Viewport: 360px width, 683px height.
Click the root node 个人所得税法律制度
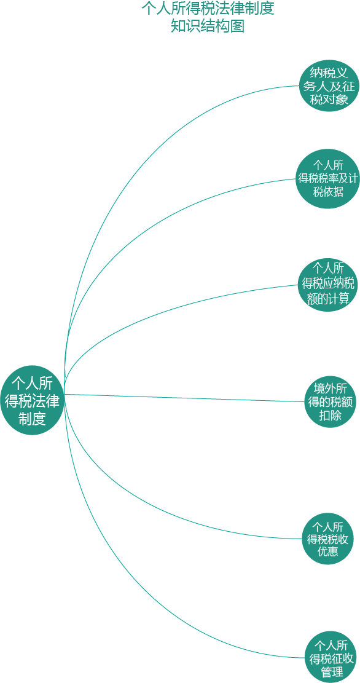point(33,400)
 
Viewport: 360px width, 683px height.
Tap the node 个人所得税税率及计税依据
point(328,179)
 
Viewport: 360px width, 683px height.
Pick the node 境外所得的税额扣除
point(330,401)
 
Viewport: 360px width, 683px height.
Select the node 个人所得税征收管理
point(331,657)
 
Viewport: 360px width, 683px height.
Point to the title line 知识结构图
point(207,26)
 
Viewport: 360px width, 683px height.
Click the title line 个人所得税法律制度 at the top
point(208,9)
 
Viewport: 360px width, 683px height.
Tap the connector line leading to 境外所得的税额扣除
point(184,398)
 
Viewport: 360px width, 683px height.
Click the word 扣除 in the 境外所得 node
point(330,415)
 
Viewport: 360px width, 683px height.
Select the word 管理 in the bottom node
point(331,671)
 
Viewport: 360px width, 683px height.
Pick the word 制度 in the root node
point(32,419)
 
